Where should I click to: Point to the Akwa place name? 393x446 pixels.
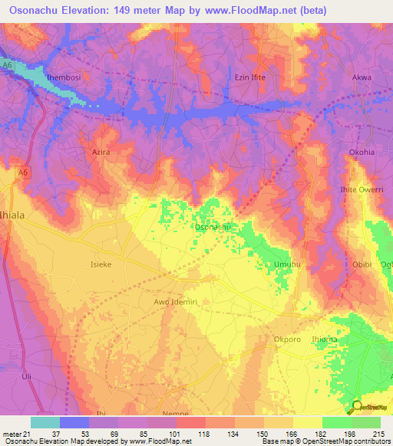[361, 78]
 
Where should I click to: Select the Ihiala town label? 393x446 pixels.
[15, 215]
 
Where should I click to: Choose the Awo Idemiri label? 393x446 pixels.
[175, 302]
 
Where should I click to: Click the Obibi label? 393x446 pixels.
[362, 264]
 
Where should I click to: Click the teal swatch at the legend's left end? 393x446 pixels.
[45, 422]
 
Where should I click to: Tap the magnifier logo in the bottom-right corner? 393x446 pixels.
[355, 408]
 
